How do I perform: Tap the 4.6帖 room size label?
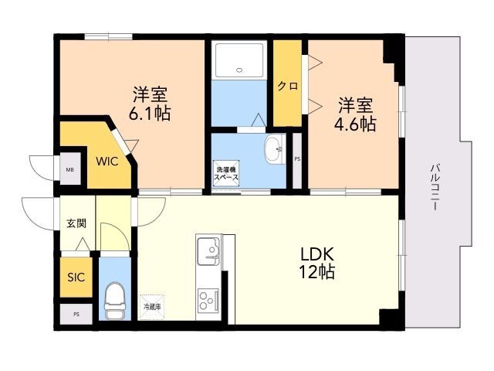click(x=356, y=113)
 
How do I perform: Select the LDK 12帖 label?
click(x=317, y=262)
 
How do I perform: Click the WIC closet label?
click(x=107, y=162)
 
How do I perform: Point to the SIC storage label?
click(x=76, y=277)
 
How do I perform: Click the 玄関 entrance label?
click(x=76, y=223)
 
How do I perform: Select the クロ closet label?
click(x=287, y=86)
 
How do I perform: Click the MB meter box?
click(x=69, y=170)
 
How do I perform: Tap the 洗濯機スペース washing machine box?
click(x=226, y=173)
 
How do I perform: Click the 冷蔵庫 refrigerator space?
click(x=152, y=306)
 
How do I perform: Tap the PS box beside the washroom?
click(x=297, y=159)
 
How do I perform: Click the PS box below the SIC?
click(x=76, y=315)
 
